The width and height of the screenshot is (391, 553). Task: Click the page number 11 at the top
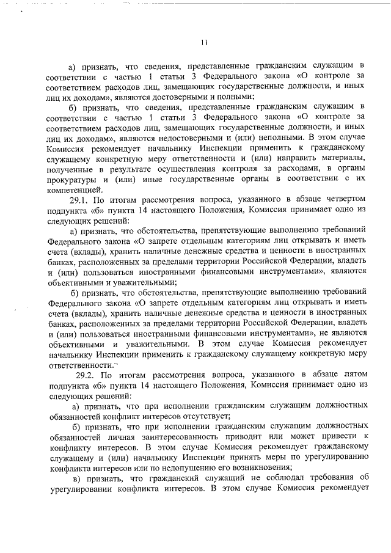tap(204, 42)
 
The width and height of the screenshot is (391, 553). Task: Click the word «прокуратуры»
tap(71, 179)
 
